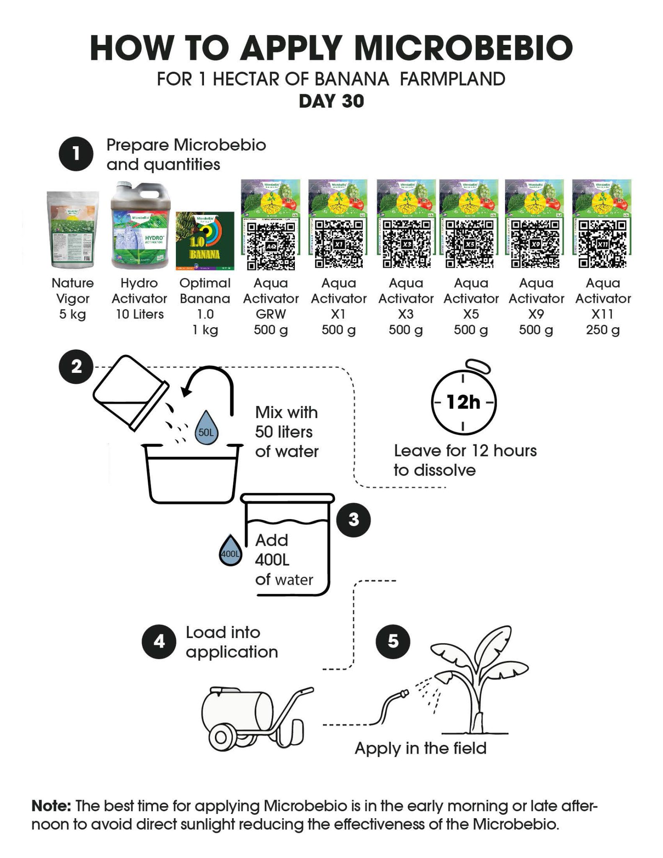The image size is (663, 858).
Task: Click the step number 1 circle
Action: click(x=76, y=154)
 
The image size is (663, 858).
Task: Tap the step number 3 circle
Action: click(x=353, y=519)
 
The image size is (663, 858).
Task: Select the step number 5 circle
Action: click(x=392, y=641)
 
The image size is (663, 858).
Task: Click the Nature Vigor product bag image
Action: click(x=72, y=230)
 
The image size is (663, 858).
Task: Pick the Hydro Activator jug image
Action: click(x=139, y=226)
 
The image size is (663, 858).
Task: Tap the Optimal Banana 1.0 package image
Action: click(x=205, y=241)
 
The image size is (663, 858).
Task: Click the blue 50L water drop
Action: click(x=206, y=427)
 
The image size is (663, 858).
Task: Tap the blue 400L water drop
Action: click(x=231, y=550)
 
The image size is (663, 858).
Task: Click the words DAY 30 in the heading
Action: click(x=331, y=101)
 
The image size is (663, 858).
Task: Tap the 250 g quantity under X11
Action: click(x=603, y=330)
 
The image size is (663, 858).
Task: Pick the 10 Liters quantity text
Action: click(x=139, y=314)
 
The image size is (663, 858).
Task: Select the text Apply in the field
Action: click(x=421, y=748)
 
